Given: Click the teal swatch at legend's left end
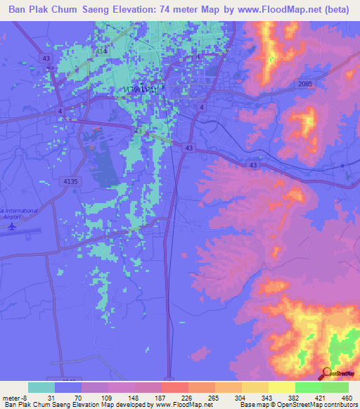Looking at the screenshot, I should (x=41, y=387).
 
